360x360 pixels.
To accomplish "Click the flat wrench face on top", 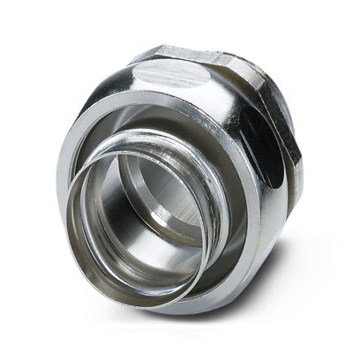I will (x=176, y=68).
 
